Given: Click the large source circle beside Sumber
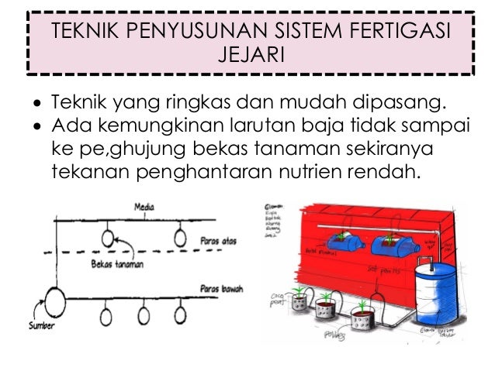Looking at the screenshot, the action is (55, 300).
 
